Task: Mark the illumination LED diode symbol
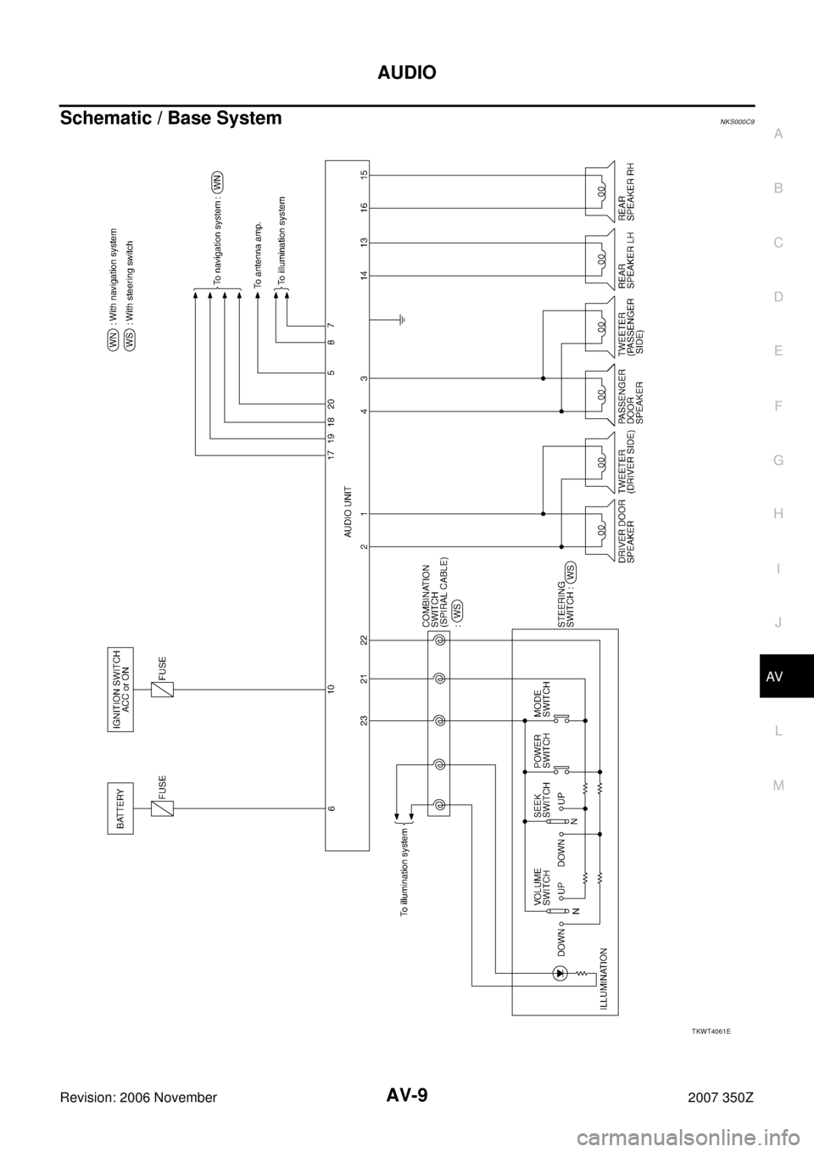click(559, 972)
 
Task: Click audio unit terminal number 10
click(336, 690)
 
